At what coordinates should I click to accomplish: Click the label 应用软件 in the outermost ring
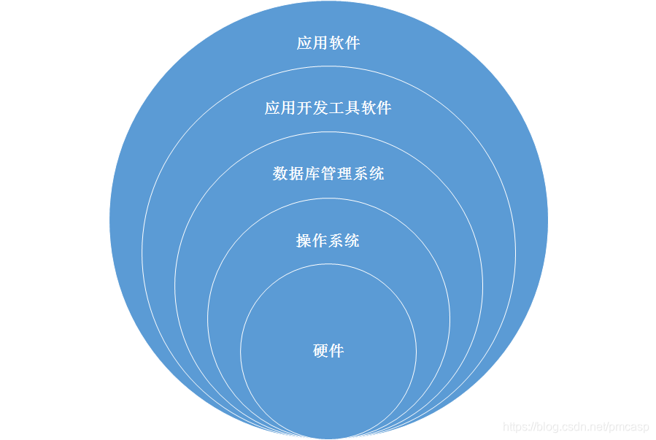[328, 43]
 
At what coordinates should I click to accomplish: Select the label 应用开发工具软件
[328, 109]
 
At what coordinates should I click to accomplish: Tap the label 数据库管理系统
[328, 174]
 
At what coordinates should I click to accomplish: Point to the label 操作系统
[328, 241]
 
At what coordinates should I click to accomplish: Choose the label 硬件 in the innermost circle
[328, 351]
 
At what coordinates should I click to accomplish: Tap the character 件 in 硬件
[336, 351]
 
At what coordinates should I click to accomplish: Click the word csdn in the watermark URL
[570, 426]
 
